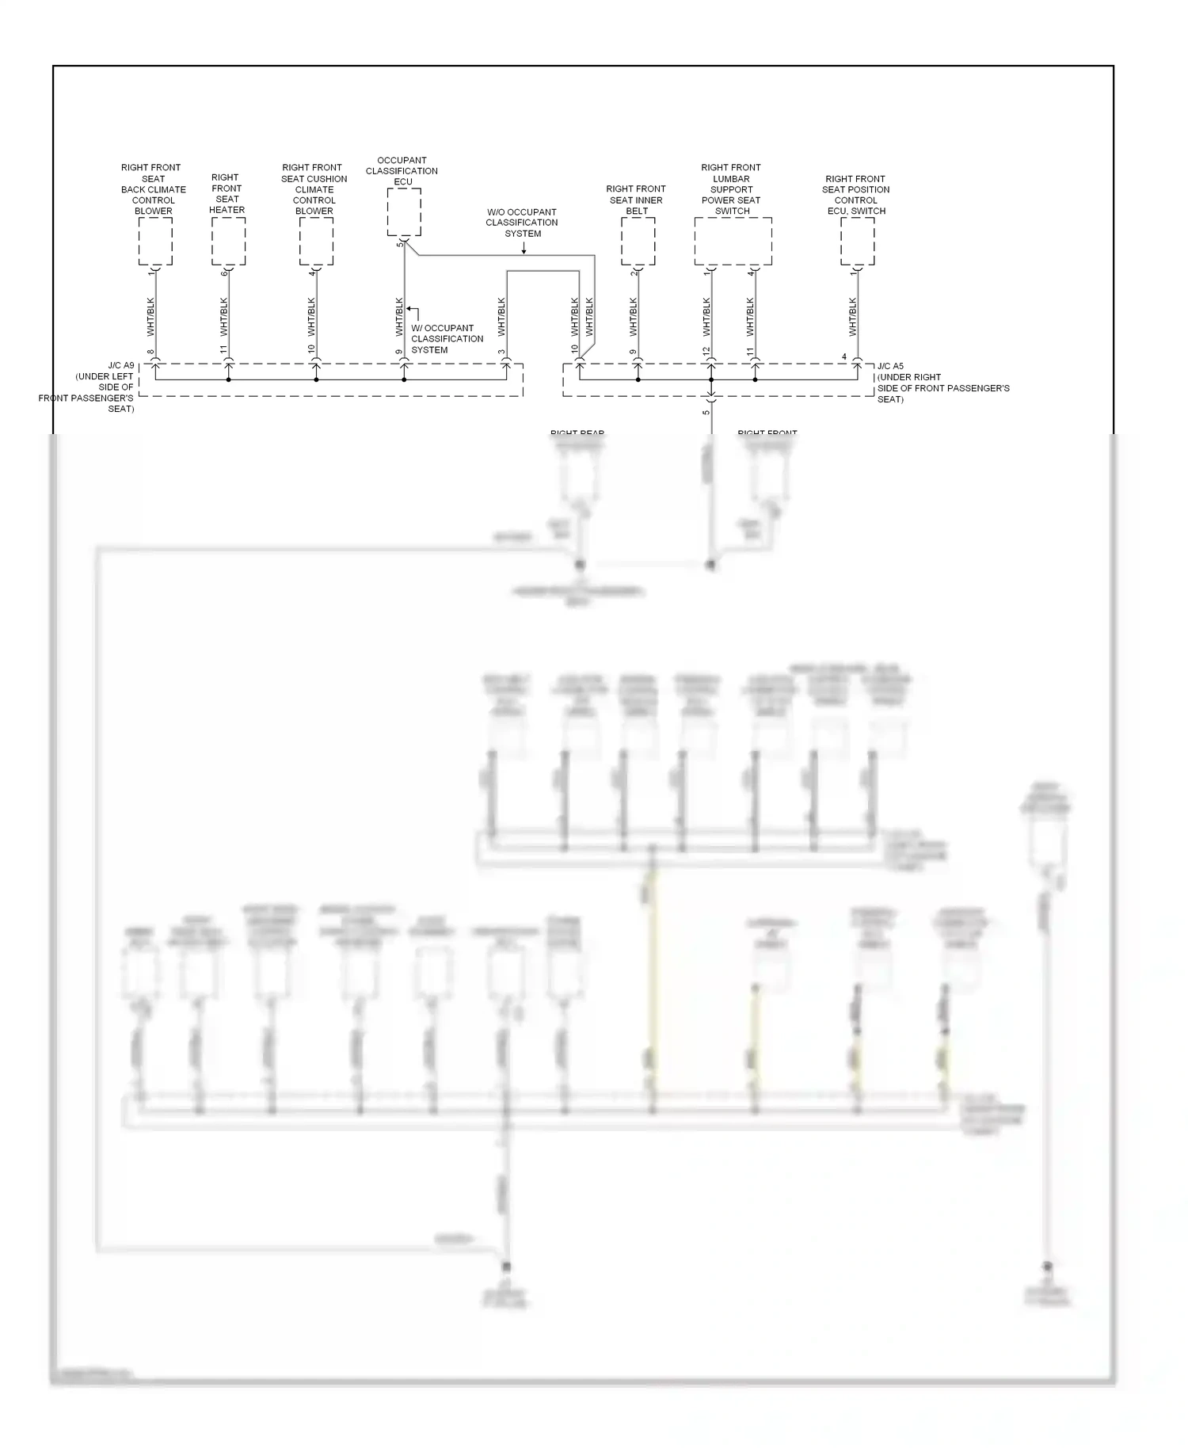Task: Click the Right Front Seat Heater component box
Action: pyautogui.click(x=228, y=242)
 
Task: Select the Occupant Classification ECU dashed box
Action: pyautogui.click(x=404, y=211)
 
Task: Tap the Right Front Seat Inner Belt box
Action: pyautogui.click(x=638, y=242)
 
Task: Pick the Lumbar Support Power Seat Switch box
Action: pyautogui.click(x=733, y=242)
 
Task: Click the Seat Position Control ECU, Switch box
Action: pyautogui.click(x=857, y=242)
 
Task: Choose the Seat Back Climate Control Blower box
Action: pyautogui.click(x=155, y=242)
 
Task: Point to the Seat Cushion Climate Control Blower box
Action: pyautogui.click(x=316, y=242)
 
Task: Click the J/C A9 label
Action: pyautogui.click(x=121, y=367)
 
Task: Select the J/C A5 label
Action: pyautogui.click(x=890, y=367)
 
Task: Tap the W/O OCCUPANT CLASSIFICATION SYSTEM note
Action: pyautogui.click(x=522, y=223)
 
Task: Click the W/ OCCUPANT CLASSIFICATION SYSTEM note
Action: pyautogui.click(x=447, y=339)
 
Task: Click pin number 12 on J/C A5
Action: pyautogui.click(x=706, y=351)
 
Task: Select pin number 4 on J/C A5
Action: pyautogui.click(x=844, y=357)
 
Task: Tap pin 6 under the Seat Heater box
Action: pyautogui.click(x=224, y=273)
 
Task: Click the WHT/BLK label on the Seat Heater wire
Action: pyautogui.click(x=223, y=317)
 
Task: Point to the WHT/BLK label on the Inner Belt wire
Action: pyautogui.click(x=633, y=317)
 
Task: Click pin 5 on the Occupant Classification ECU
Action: pyautogui.click(x=400, y=243)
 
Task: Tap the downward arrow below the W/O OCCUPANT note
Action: pyautogui.click(x=524, y=249)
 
